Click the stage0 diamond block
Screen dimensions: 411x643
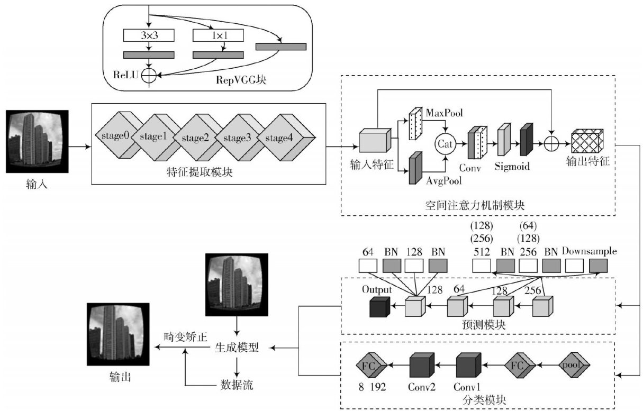point(115,137)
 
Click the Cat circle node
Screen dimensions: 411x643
point(445,143)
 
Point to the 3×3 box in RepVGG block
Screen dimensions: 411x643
point(148,36)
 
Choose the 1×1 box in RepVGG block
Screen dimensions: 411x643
point(218,36)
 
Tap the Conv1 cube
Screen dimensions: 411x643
point(468,365)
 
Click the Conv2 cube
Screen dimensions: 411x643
point(422,365)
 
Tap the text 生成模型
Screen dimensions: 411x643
point(237,348)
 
